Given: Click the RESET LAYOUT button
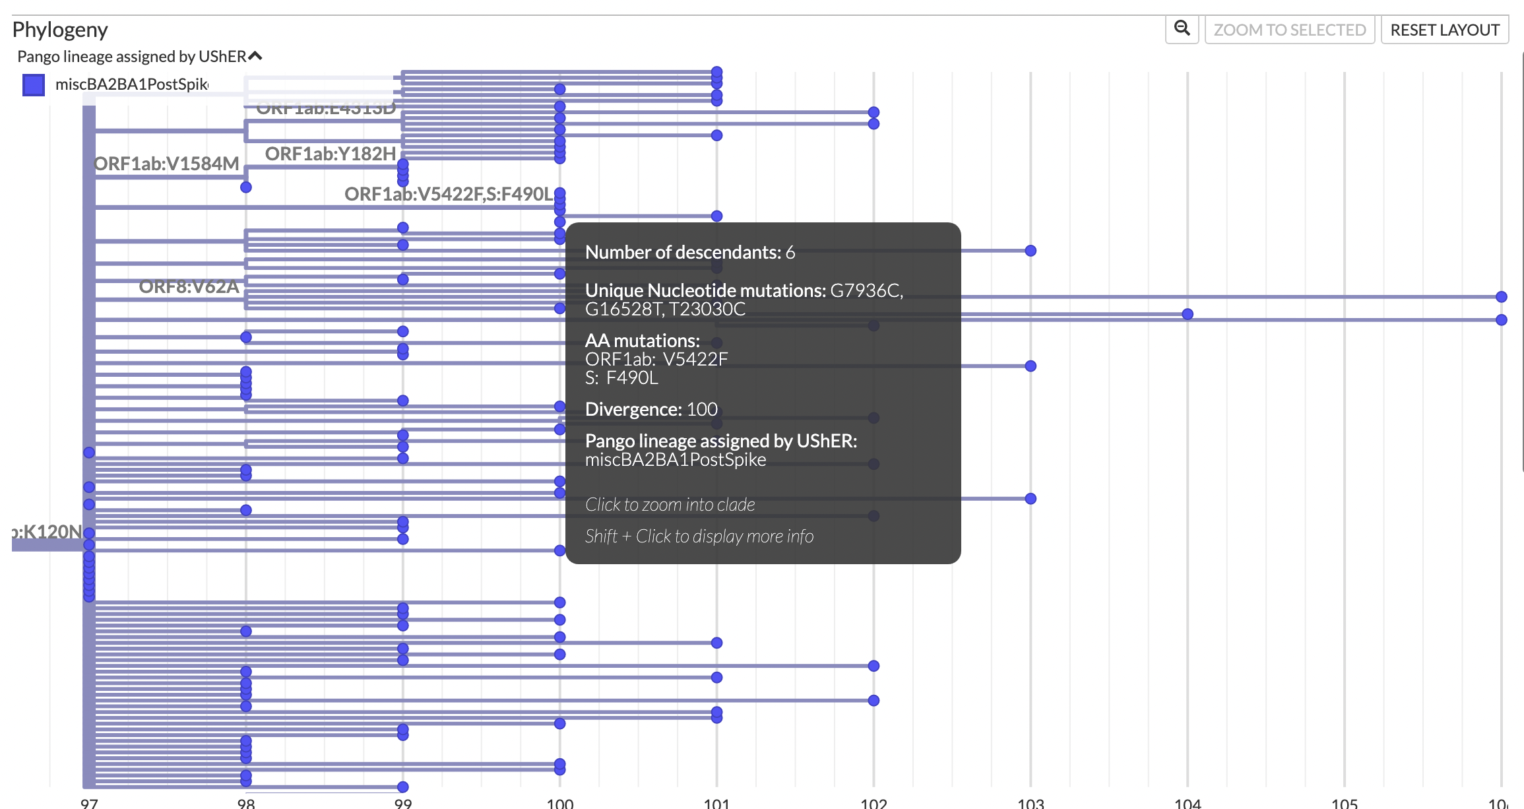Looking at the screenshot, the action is click(x=1444, y=30).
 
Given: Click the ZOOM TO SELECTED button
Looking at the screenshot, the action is click(x=1289, y=30).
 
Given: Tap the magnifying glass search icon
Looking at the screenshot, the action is click(x=1182, y=28).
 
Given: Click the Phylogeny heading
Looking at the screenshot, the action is click(x=60, y=30).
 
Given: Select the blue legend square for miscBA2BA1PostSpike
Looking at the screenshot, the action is click(x=34, y=84).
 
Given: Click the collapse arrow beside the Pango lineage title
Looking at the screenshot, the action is click(x=255, y=56).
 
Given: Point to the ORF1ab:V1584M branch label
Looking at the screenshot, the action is click(x=166, y=164).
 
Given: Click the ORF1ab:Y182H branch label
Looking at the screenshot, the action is click(x=330, y=154).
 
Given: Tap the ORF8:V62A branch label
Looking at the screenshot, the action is click(x=189, y=286).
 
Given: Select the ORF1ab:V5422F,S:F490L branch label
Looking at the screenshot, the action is click(x=449, y=194).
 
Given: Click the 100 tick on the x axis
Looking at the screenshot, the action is click(x=560, y=802).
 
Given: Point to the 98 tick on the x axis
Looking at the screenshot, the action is click(x=246, y=802).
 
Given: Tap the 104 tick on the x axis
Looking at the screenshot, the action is click(x=1188, y=802).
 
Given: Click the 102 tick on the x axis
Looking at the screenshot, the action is click(x=873, y=802).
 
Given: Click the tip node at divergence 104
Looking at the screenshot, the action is click(x=1188, y=314).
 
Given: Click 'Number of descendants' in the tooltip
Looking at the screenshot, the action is click(x=689, y=252).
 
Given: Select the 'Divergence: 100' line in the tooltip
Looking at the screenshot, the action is click(x=651, y=409).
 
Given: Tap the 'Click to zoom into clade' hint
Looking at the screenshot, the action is click(x=670, y=504).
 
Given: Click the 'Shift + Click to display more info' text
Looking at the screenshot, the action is click(x=699, y=536).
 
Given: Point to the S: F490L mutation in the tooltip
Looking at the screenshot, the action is click(x=621, y=377).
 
